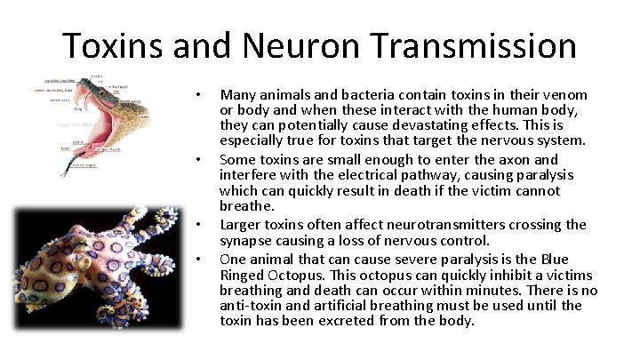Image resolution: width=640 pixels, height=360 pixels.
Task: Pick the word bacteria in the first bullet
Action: [x=354, y=94]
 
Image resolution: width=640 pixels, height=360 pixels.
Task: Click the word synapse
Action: [x=246, y=240]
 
